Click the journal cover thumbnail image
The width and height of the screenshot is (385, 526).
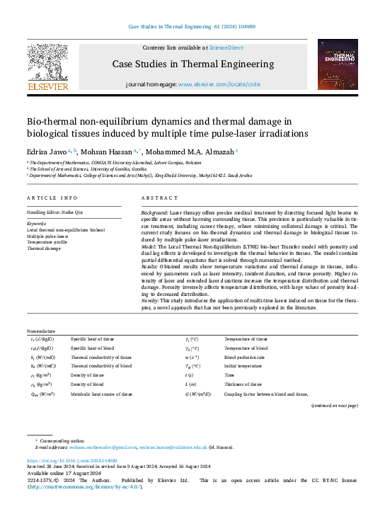(338, 64)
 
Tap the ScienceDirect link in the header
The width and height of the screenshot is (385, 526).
(226, 47)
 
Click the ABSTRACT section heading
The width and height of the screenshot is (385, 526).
(155, 198)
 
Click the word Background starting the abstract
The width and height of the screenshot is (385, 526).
(154, 212)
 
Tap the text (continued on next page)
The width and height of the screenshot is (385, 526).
(335, 405)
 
